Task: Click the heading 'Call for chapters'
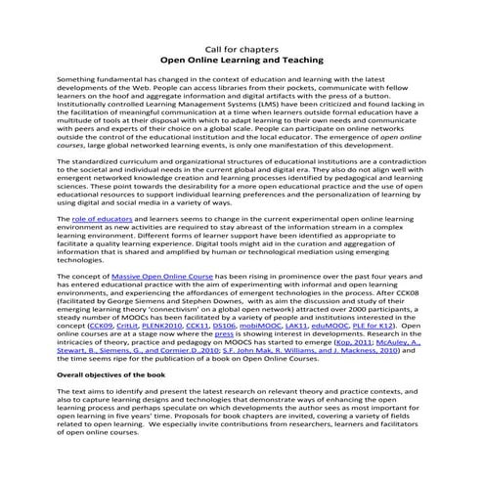pyautogui.click(x=242, y=45)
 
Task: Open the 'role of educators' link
pyautogui.click(x=103, y=220)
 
